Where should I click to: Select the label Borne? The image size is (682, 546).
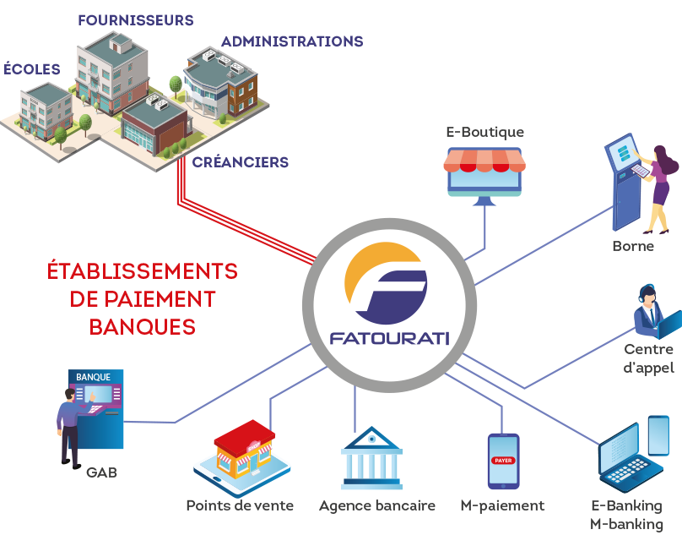[633, 247]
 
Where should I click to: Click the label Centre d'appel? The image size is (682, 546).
[648, 358]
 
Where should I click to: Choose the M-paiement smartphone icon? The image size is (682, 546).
[503, 461]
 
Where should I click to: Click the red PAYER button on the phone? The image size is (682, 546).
[503, 461]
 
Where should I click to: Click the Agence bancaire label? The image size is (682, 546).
[377, 506]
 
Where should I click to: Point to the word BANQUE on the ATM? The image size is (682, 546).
[93, 376]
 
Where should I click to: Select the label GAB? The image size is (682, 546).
[101, 472]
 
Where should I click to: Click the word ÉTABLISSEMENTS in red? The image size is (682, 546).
[142, 272]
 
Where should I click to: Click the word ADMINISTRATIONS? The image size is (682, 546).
[292, 41]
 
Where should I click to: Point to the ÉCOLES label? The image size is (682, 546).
[31, 68]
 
